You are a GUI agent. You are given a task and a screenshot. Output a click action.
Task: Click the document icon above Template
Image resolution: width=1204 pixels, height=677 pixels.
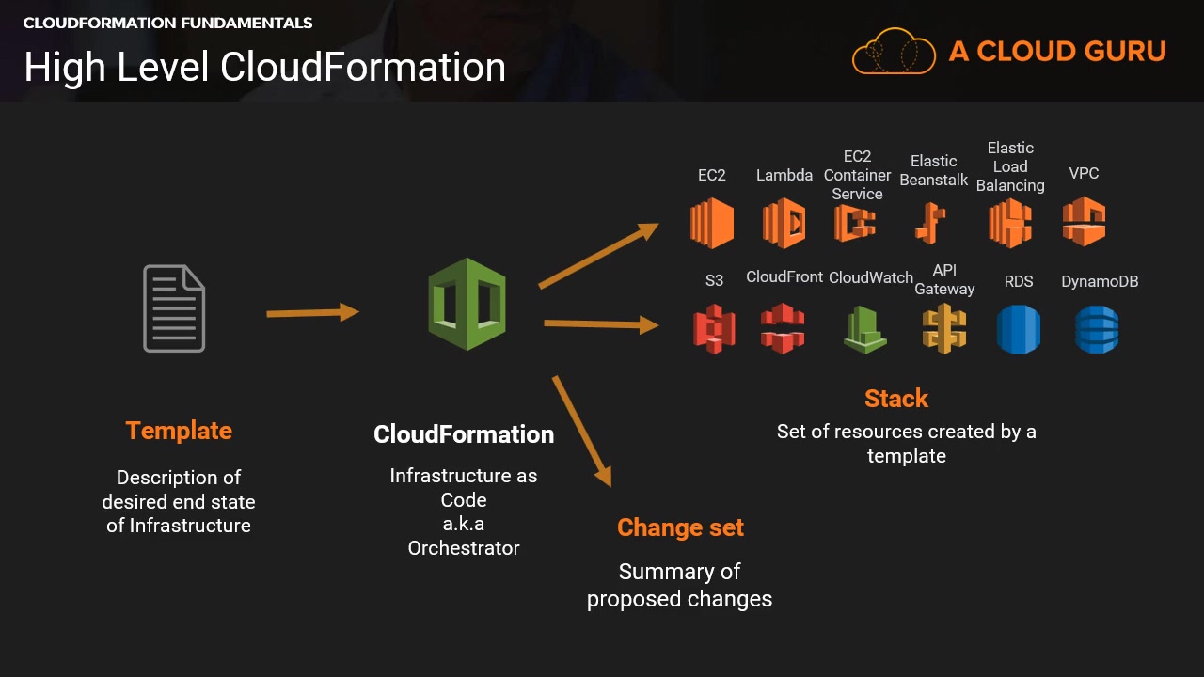click(x=174, y=308)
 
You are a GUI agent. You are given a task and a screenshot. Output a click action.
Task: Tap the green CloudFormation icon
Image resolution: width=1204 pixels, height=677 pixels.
click(x=467, y=304)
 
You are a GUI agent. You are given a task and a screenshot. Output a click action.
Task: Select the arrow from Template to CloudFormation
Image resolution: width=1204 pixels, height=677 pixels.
click(x=312, y=312)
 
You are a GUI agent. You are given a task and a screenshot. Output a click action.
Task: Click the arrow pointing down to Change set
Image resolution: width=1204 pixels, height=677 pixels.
click(x=582, y=431)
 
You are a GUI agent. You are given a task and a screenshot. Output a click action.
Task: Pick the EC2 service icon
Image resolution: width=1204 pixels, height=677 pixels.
click(x=711, y=223)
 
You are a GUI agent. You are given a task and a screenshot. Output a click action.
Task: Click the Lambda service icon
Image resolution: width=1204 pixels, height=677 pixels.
click(x=784, y=223)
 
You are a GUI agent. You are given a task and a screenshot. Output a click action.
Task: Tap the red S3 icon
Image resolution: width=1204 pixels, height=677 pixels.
click(x=714, y=329)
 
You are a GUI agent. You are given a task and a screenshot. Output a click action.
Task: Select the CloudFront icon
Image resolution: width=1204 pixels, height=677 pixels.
click(x=783, y=328)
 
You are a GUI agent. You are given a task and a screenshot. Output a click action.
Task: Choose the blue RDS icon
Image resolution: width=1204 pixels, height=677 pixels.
click(x=1019, y=329)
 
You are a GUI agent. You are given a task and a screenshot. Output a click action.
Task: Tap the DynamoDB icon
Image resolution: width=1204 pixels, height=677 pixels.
click(x=1097, y=329)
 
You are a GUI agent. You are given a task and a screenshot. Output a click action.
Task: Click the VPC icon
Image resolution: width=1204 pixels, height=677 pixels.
click(x=1084, y=222)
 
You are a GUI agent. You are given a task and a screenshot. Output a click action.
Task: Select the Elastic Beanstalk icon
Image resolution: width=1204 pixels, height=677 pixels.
click(x=930, y=224)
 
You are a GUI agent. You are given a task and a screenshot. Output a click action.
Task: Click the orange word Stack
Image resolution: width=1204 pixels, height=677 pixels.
click(x=896, y=399)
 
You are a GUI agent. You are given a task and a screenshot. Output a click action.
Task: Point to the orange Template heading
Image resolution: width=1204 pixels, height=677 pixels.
click(x=179, y=431)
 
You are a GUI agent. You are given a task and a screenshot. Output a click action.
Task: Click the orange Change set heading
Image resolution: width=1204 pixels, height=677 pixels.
click(x=680, y=527)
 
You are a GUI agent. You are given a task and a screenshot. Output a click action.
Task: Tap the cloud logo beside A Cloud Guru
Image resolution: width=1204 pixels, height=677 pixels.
click(x=894, y=51)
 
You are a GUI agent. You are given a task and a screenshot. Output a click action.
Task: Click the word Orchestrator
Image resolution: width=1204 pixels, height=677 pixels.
click(x=464, y=547)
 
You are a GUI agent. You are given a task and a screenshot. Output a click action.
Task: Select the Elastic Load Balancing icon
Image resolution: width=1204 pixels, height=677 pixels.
click(x=1009, y=224)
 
